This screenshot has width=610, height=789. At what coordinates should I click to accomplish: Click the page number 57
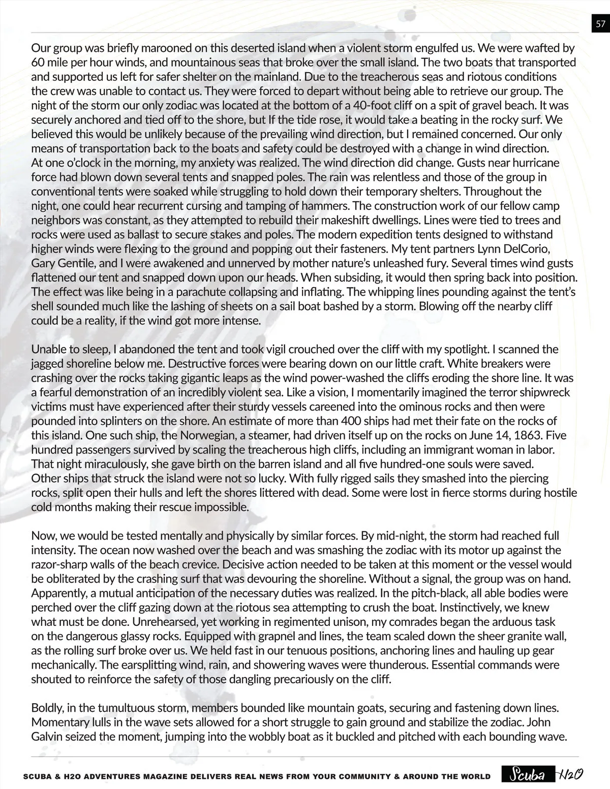click(x=600, y=23)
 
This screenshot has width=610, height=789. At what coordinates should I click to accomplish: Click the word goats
click(x=392, y=708)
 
